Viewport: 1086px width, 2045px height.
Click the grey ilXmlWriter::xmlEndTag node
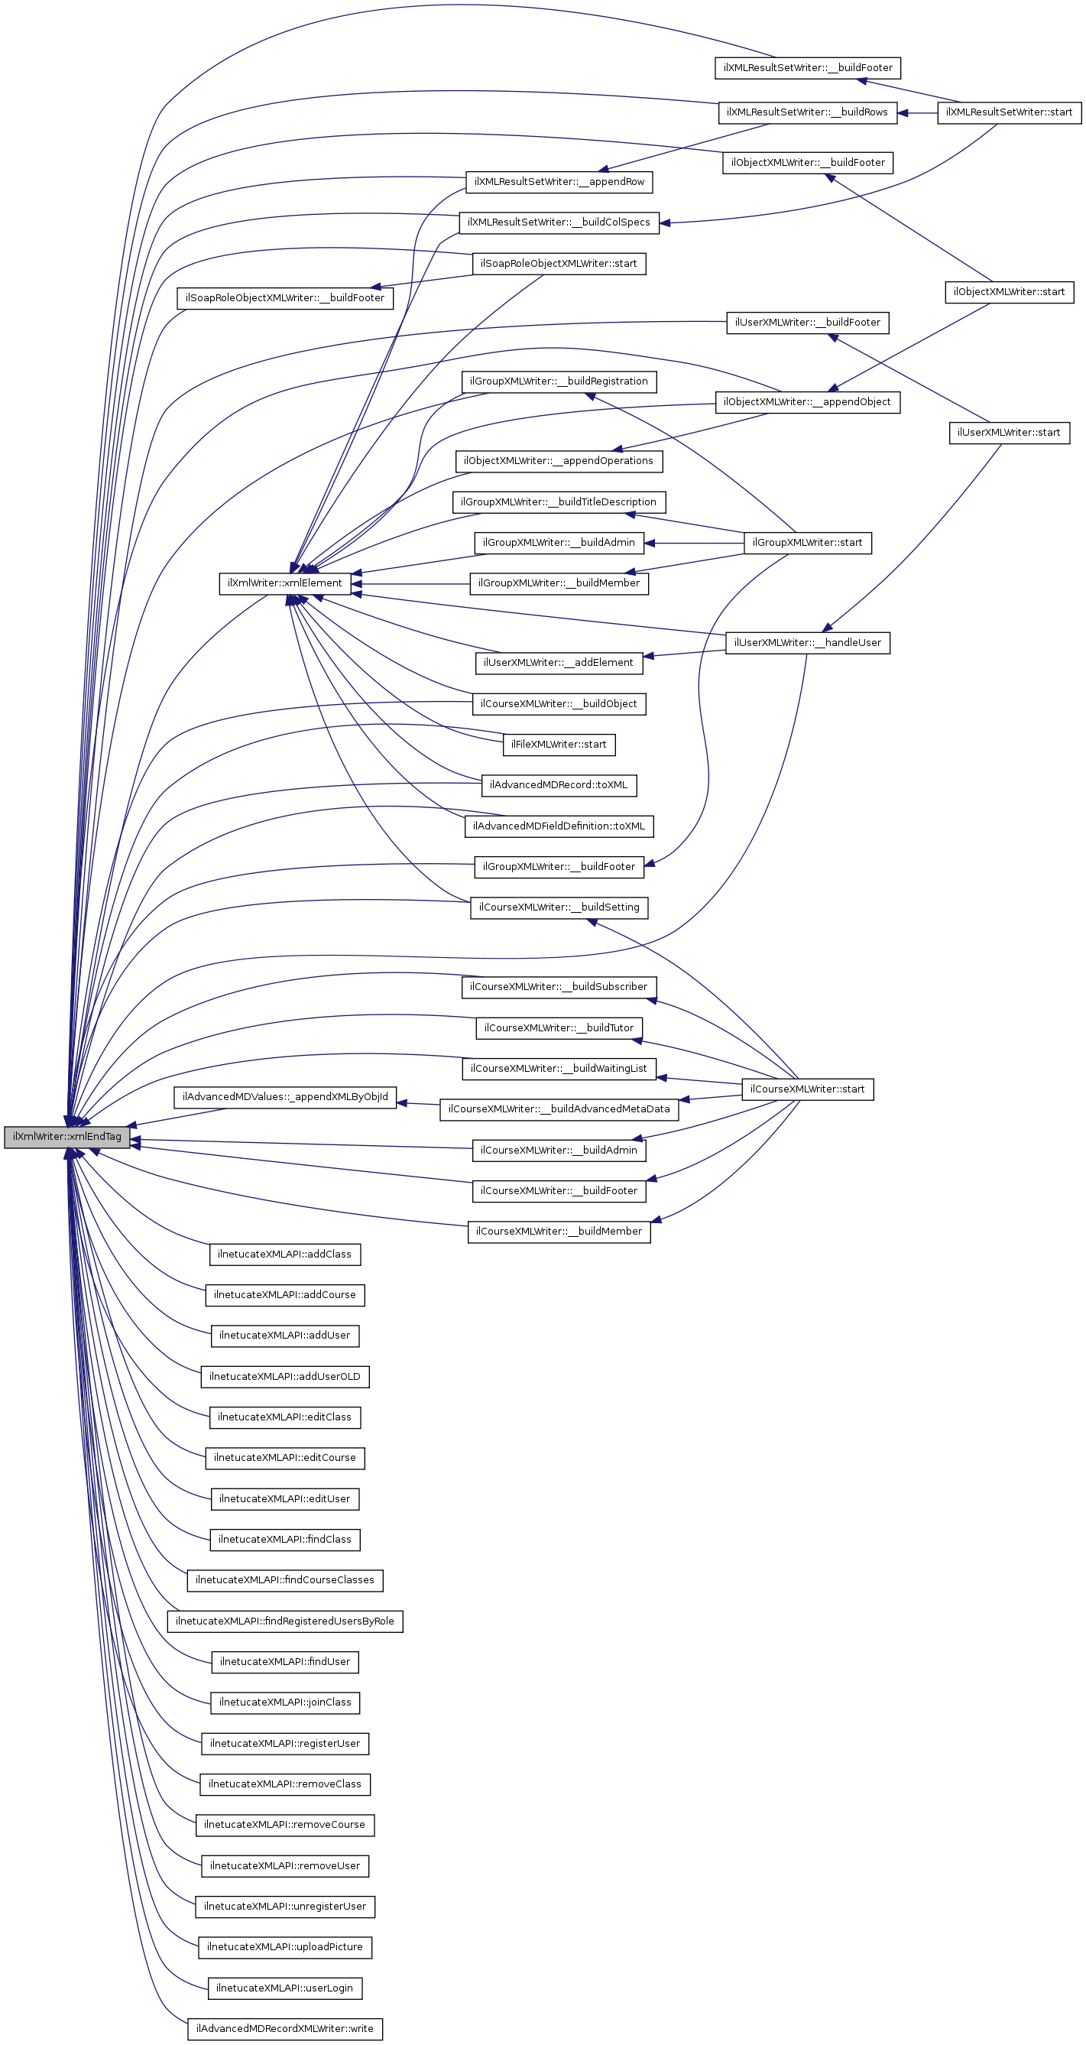coord(66,1136)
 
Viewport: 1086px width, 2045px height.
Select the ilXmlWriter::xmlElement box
coord(285,583)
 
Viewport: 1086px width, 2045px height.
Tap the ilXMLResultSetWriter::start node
coord(1009,112)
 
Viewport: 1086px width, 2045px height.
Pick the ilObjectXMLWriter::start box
coord(1009,291)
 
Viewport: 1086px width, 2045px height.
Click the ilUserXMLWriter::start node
coord(1009,432)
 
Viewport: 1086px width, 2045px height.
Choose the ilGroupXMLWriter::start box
coord(807,542)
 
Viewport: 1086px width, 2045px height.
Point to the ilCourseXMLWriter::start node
coord(807,1089)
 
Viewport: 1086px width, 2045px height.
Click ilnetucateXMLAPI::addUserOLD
coord(285,1376)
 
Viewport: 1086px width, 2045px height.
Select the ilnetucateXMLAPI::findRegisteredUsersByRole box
coord(285,1620)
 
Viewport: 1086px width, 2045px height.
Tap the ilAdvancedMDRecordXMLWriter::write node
coord(285,2028)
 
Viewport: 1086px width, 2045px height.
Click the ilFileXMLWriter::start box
coord(559,744)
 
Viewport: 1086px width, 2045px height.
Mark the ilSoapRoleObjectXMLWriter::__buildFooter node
coord(285,297)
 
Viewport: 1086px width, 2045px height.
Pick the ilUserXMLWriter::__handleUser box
coord(807,642)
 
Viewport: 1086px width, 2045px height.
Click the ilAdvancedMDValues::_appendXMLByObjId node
coord(285,1096)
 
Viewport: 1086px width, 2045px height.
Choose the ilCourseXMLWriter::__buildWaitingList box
coord(559,1068)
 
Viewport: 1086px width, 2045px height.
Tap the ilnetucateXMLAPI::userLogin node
coord(285,1987)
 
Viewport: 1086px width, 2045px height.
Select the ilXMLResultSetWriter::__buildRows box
coord(807,112)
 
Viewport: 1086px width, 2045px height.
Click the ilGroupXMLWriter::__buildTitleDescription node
coord(559,502)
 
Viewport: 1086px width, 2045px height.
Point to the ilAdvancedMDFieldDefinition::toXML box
coord(559,826)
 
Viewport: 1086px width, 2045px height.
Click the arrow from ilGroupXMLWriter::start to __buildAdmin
coord(694,543)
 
